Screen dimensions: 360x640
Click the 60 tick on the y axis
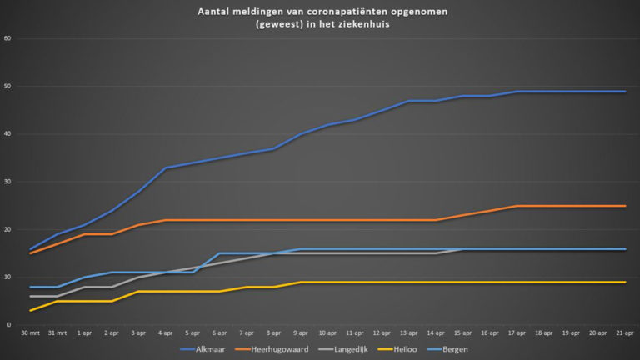[7, 38]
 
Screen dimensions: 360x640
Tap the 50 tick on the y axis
[7, 87]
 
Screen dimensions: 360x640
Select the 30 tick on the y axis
[7, 182]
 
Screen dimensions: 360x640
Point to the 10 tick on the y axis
[7, 277]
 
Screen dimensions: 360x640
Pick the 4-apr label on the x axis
[166, 332]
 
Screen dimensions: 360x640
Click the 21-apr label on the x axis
[625, 332]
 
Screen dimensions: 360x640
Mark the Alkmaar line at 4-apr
[166, 167]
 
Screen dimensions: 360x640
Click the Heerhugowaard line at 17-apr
[517, 206]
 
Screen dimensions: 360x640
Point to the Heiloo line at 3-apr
[139, 292]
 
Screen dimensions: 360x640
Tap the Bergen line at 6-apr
[220, 253]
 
